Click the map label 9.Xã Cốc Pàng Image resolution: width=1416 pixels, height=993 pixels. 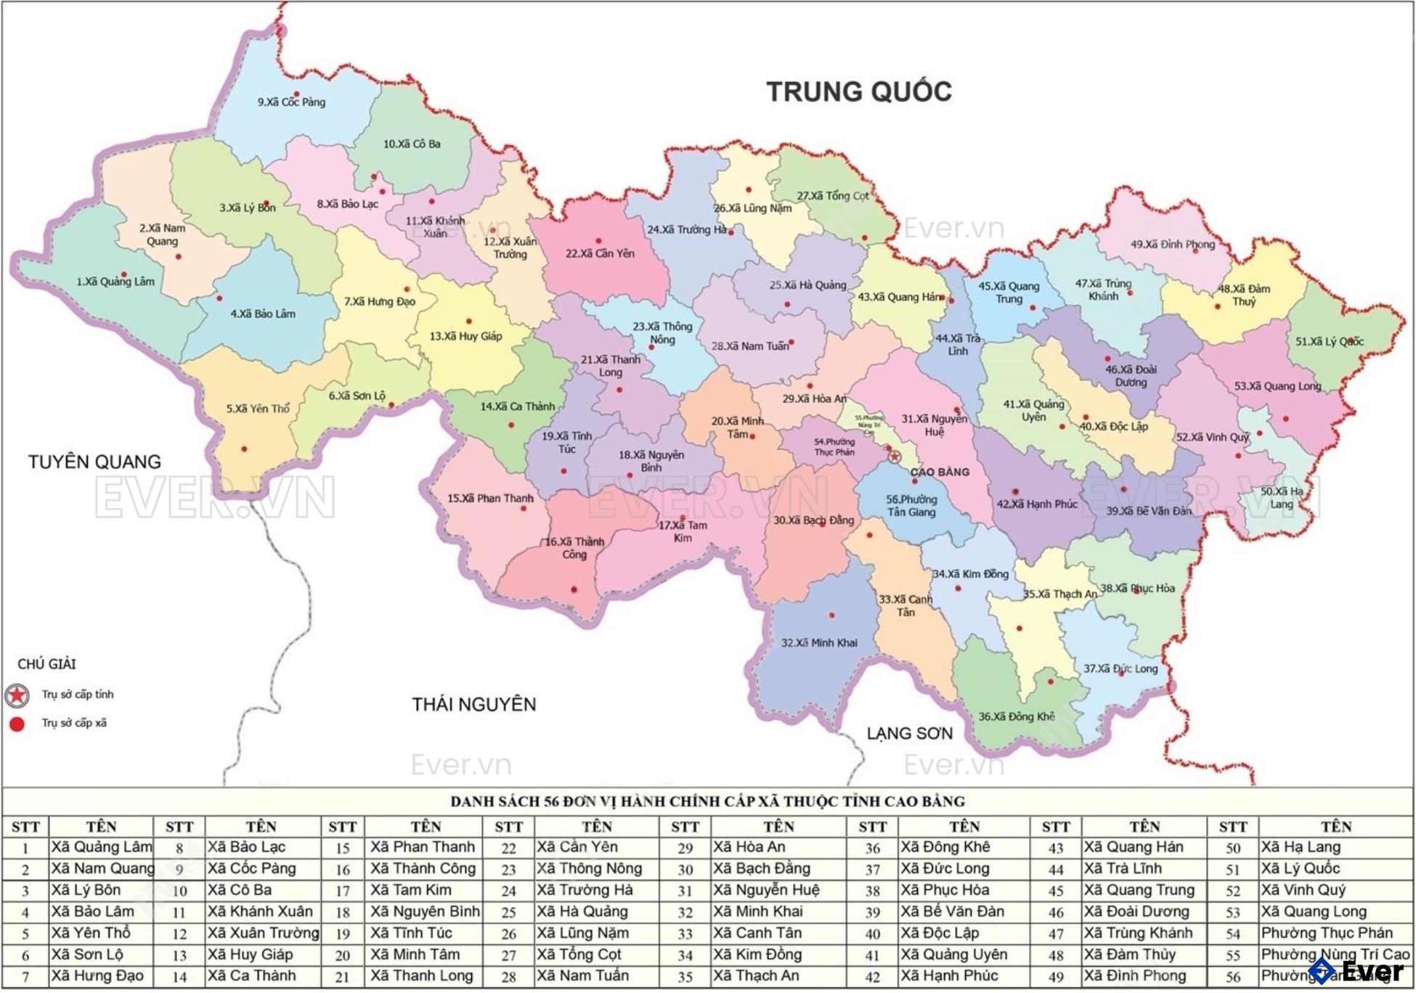291,102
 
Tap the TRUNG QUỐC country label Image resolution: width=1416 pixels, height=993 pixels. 858,92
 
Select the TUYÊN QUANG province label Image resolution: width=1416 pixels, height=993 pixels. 94,462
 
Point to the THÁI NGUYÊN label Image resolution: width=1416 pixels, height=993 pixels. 473,704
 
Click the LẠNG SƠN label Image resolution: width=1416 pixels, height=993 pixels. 909,733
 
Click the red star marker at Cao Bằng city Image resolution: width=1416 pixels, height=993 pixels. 895,457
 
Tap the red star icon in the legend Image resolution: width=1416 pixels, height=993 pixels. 17,695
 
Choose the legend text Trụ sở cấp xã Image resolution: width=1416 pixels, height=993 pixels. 74,723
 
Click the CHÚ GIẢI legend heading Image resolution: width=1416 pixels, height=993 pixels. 46,664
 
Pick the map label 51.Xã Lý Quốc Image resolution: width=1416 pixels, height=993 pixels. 1330,341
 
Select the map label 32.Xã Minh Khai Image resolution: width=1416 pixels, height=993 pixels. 818,642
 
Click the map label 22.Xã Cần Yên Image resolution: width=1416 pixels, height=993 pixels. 600,253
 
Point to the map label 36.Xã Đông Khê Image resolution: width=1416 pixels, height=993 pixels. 1016,716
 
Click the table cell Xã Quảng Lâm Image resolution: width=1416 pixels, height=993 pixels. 101,847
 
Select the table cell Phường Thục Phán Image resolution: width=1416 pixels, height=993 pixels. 1326,933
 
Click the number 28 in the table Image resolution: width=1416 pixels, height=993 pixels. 508,976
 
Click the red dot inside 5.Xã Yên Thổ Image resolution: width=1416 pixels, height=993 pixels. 244,449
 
